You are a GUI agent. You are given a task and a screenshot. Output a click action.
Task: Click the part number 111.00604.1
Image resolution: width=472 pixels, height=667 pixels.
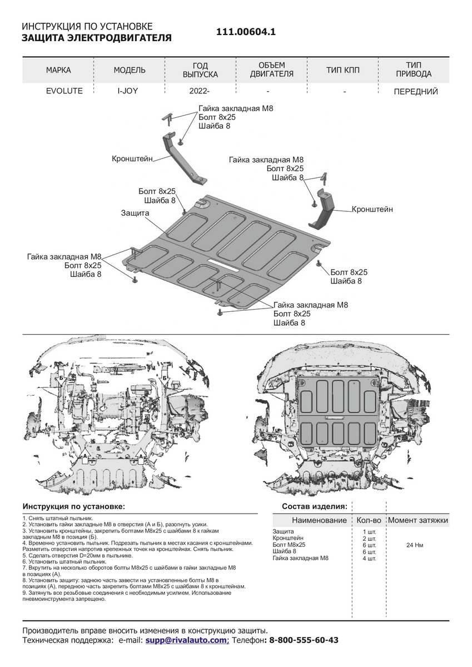point(246,32)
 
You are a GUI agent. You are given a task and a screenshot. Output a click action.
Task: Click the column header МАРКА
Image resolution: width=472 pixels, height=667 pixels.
point(58,70)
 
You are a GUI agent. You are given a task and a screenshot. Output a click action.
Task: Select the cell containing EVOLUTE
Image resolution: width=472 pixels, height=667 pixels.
point(64,91)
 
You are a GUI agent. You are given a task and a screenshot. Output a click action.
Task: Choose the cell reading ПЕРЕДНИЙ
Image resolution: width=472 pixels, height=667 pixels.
point(416,91)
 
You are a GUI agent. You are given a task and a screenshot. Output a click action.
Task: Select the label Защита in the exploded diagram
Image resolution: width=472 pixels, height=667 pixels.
point(135,213)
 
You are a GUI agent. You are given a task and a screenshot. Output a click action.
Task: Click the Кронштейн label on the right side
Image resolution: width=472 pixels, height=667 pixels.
point(372,210)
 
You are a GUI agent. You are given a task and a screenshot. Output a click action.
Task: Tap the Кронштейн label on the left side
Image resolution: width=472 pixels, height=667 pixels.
point(133,158)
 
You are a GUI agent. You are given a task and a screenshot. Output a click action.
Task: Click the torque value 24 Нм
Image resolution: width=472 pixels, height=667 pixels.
point(415,545)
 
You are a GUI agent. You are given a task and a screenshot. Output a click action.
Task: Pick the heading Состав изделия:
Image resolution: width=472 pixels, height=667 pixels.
point(314,506)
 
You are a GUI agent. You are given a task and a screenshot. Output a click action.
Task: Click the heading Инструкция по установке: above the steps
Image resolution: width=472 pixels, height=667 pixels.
point(74,506)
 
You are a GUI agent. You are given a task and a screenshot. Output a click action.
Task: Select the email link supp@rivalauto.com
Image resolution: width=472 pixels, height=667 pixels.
point(187,640)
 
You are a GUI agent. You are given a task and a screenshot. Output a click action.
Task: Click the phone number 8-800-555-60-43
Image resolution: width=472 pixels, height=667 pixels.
point(303,640)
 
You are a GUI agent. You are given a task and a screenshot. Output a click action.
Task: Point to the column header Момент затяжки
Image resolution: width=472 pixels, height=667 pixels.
point(418,521)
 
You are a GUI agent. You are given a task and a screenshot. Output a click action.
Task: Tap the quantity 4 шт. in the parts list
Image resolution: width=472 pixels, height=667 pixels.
point(369,559)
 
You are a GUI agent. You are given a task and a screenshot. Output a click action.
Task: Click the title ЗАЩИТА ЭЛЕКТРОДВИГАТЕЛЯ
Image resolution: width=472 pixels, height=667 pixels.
point(96,38)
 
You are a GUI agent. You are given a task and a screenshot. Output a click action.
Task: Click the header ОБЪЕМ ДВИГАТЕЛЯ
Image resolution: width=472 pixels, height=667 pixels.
point(271,70)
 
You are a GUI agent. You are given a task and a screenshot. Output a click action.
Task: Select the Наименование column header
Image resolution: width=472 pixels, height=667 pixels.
point(319,521)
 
